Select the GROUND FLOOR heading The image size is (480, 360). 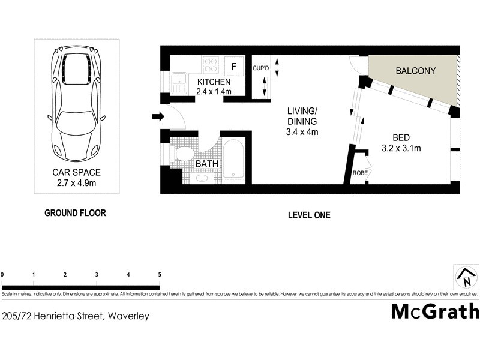[x=76, y=213]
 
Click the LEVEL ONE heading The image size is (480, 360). [x=309, y=215]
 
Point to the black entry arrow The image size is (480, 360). [x=158, y=116]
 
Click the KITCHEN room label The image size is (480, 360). [x=214, y=82]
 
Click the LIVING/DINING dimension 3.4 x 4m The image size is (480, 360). [x=302, y=132]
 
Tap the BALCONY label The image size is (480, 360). [x=415, y=71]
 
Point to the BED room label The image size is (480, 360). [x=402, y=136]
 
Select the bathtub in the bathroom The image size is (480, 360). [x=233, y=160]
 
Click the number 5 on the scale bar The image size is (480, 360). [x=160, y=274]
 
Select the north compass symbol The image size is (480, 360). [x=465, y=277]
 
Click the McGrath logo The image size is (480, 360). [x=435, y=311]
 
